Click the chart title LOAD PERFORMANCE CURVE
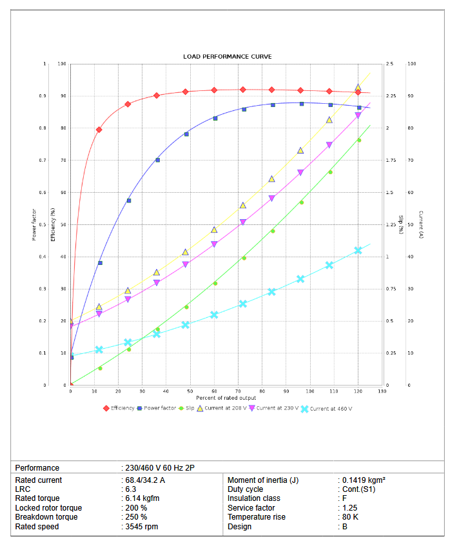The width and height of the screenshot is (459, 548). pos(228,57)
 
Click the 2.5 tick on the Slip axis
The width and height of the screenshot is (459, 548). pos(389,64)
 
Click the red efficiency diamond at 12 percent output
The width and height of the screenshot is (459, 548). pos(99,130)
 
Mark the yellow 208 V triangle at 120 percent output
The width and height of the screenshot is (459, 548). pos(358,88)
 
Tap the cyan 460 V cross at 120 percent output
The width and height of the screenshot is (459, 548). pos(358,250)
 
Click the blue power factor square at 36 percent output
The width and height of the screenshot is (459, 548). pos(157,160)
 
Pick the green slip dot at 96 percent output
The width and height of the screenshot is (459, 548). pos(301,202)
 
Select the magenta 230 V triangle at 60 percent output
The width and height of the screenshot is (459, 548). pos(215,244)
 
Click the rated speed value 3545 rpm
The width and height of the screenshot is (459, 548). pos(141,527)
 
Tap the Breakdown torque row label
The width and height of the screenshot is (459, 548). pos(46,517)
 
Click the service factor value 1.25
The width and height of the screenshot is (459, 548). pos(349,508)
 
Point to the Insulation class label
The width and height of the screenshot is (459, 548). pos(254,498)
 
